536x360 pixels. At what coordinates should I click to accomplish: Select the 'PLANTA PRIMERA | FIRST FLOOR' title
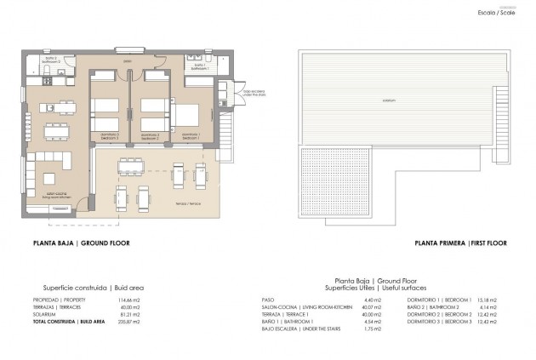tap(461, 243)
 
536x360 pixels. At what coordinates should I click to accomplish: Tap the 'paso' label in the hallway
tap(128, 60)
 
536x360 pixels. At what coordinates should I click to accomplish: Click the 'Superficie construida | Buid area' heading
tap(94, 288)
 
